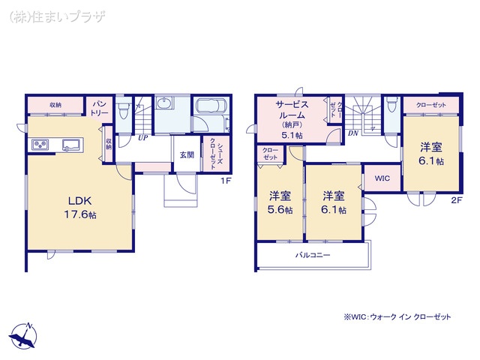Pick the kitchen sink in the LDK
(72, 145)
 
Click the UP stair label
(142, 137)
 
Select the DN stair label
(352, 133)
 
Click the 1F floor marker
(224, 181)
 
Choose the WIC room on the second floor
(382, 178)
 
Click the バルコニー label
(312, 255)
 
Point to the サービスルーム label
(289, 115)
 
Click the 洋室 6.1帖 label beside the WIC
(334, 202)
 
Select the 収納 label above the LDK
(55, 104)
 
